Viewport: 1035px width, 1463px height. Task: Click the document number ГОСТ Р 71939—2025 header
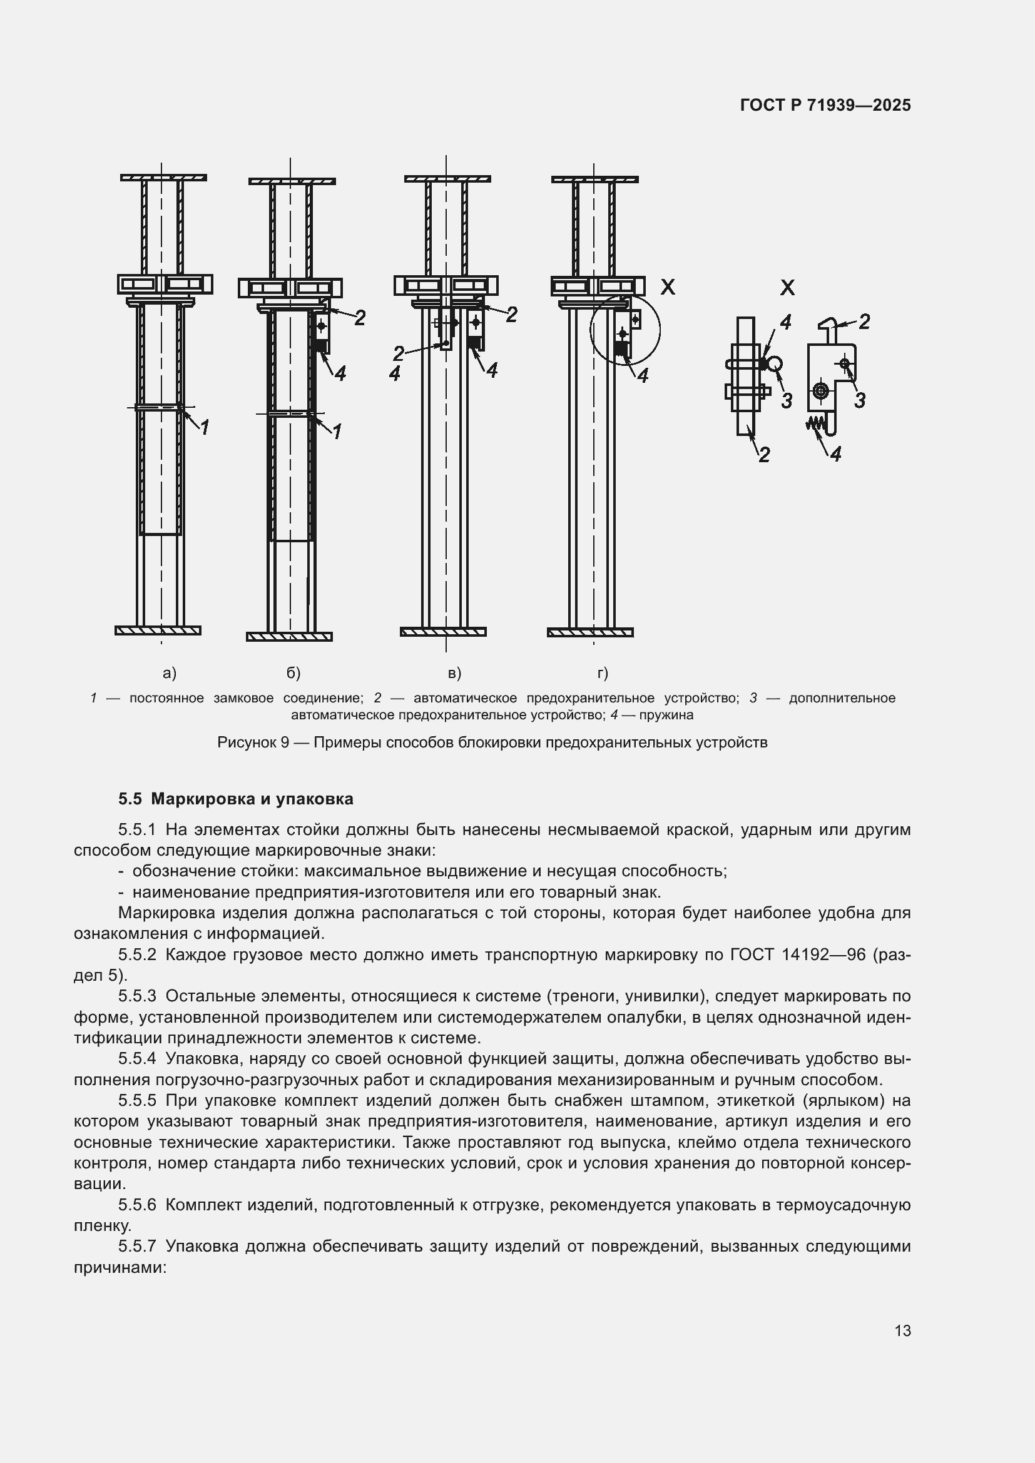[x=825, y=105]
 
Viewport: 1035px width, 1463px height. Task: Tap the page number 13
[x=902, y=1330]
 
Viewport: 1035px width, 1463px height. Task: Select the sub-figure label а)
[x=170, y=673]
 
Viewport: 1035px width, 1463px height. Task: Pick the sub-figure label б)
[x=293, y=673]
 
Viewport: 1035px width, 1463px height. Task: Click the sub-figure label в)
[x=454, y=673]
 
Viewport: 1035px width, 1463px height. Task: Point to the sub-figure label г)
[x=602, y=673]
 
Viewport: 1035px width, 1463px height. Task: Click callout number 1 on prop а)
[x=205, y=428]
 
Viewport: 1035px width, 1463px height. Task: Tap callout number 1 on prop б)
[x=337, y=432]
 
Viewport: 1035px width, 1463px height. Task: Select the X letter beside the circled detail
[x=667, y=287]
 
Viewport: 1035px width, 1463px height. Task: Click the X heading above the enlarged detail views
[x=787, y=288]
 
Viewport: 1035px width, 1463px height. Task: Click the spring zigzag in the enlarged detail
[x=815, y=422]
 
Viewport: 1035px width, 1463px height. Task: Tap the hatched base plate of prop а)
[x=158, y=630]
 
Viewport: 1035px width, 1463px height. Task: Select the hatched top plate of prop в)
[x=447, y=178]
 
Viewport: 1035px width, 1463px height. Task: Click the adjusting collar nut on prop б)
[x=290, y=288]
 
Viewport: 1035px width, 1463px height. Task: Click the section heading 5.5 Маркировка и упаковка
[x=235, y=798]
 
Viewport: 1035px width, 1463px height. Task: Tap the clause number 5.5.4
[x=137, y=1058]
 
